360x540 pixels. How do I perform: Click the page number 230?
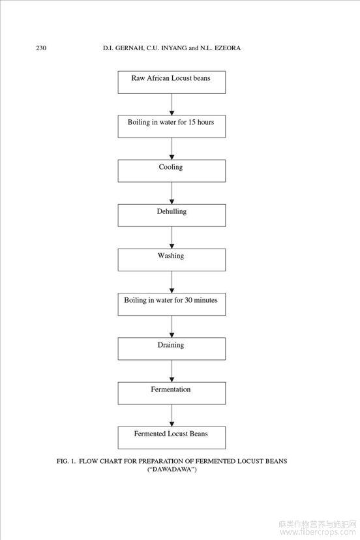(41, 48)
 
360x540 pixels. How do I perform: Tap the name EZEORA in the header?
(228, 48)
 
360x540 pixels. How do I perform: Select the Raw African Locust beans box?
(172, 82)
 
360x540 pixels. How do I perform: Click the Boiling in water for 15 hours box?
(172, 127)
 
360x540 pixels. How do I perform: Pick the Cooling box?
(172, 171)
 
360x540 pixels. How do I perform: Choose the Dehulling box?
(172, 215)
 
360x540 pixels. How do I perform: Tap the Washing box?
(172, 260)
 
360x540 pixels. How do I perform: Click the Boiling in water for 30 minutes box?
(172, 304)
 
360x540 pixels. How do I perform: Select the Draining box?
(172, 348)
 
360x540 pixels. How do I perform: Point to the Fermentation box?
(172, 393)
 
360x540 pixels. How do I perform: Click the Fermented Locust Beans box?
(172, 438)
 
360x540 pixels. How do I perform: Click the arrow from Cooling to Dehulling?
(172, 193)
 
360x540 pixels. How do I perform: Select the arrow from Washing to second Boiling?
(172, 282)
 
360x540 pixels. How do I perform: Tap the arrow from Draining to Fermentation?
(172, 370)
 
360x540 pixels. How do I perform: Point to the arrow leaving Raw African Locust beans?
(172, 104)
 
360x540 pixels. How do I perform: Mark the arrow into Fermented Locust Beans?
(172, 415)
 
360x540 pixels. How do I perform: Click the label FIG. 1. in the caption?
(66, 461)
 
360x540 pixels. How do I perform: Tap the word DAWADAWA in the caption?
(172, 470)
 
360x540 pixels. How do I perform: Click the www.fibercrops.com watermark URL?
(318, 532)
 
